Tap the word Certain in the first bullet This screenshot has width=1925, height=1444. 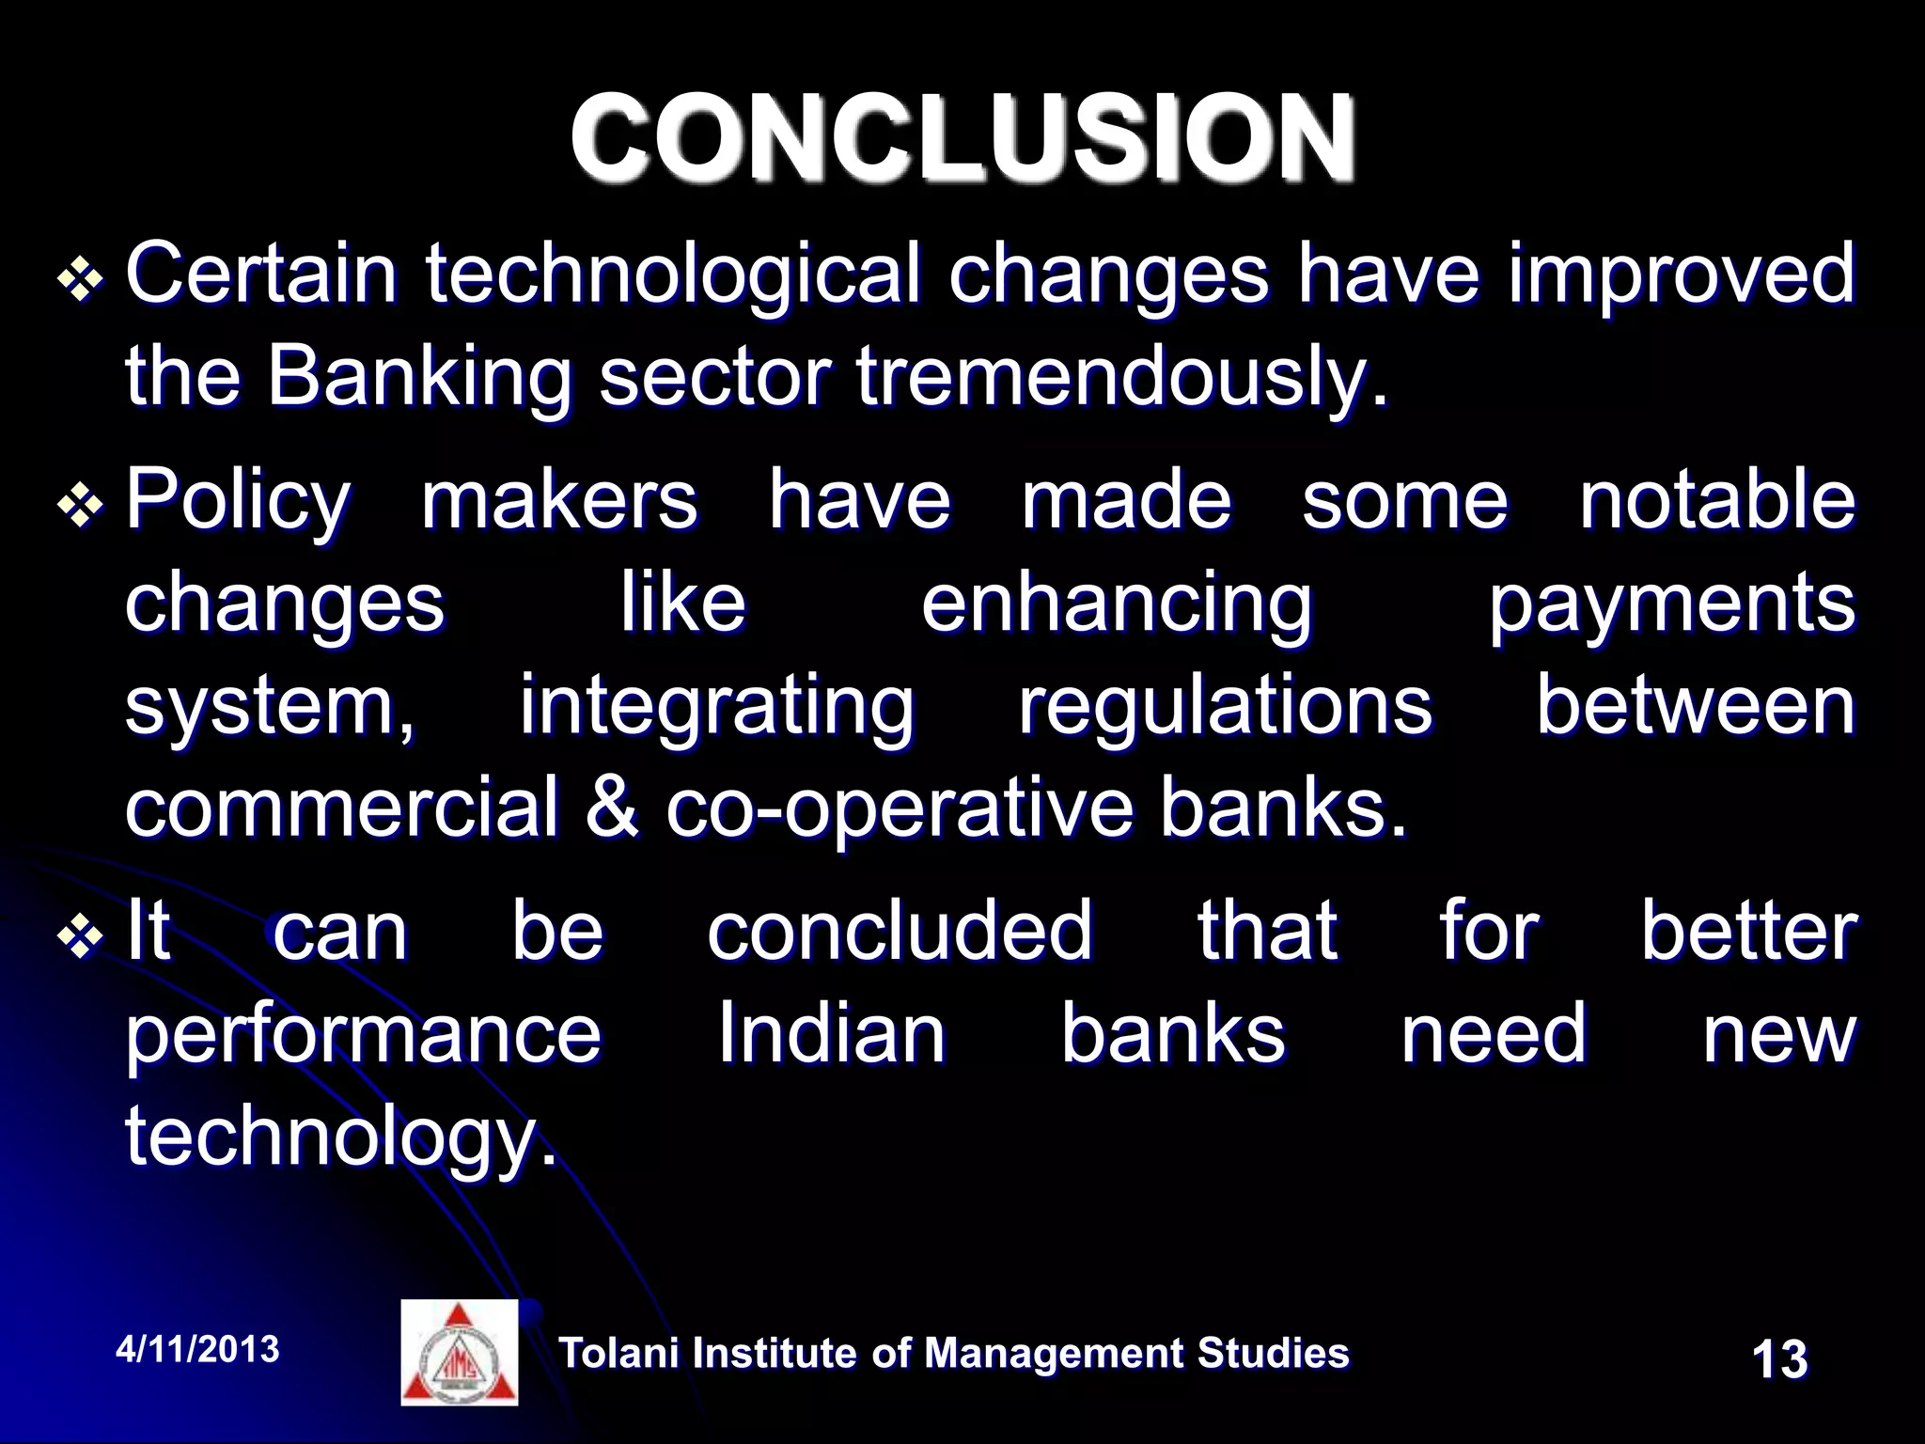(261, 275)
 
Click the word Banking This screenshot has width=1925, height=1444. (419, 379)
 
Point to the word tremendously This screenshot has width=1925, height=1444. (1120, 379)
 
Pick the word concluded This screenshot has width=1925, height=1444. (900, 931)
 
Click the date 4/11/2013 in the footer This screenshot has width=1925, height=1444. (197, 1350)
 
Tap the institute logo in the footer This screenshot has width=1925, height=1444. (460, 1353)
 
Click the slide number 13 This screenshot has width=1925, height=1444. (1779, 1359)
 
